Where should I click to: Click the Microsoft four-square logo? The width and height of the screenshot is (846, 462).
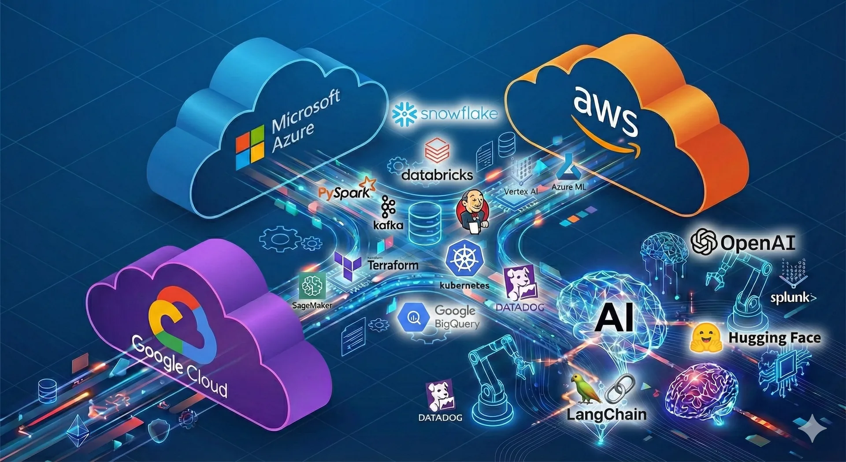(x=250, y=147)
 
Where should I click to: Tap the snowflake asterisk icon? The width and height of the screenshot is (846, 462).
(x=404, y=114)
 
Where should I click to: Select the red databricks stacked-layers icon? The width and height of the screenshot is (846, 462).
(x=437, y=150)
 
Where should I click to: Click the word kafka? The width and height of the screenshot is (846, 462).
(x=388, y=225)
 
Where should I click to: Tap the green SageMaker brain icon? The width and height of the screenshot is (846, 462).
(x=312, y=285)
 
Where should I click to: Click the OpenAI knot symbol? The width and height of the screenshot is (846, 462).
(x=704, y=242)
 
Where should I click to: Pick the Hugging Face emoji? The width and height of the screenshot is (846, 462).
(x=705, y=338)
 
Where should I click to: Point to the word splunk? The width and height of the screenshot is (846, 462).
(x=790, y=298)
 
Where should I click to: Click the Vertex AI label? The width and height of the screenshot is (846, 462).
(x=520, y=192)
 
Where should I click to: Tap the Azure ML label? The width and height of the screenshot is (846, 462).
(x=568, y=187)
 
